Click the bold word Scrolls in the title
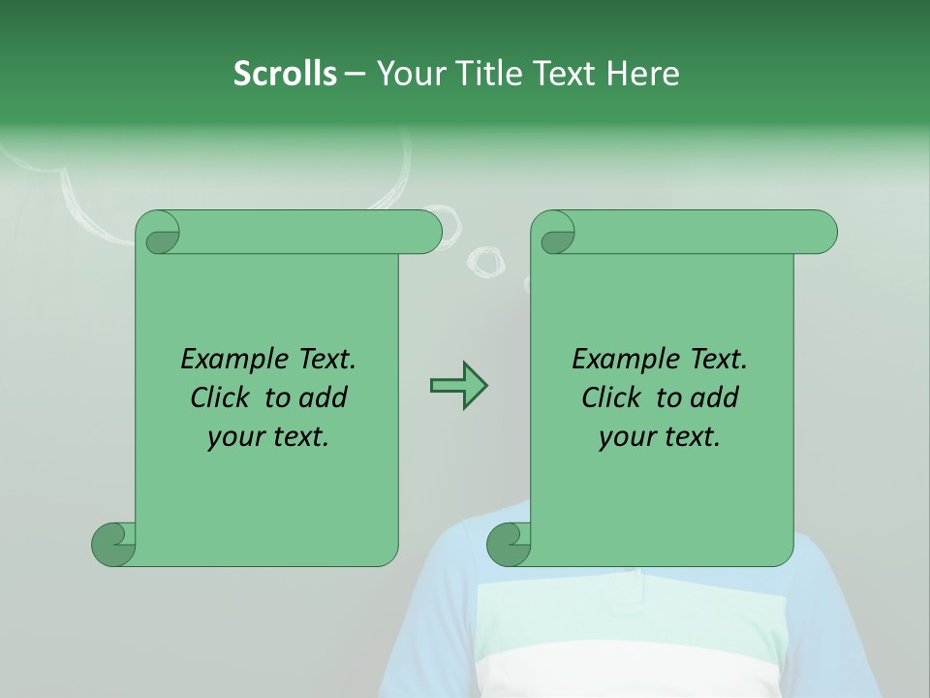(x=285, y=74)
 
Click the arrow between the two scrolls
(x=458, y=386)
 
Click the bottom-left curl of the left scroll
(x=114, y=543)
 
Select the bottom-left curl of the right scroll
(x=510, y=543)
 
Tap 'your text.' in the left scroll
(x=268, y=437)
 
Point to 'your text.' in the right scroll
(x=660, y=437)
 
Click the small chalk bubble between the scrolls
(x=485, y=260)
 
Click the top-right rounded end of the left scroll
(x=426, y=232)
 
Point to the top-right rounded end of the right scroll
(x=821, y=232)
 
